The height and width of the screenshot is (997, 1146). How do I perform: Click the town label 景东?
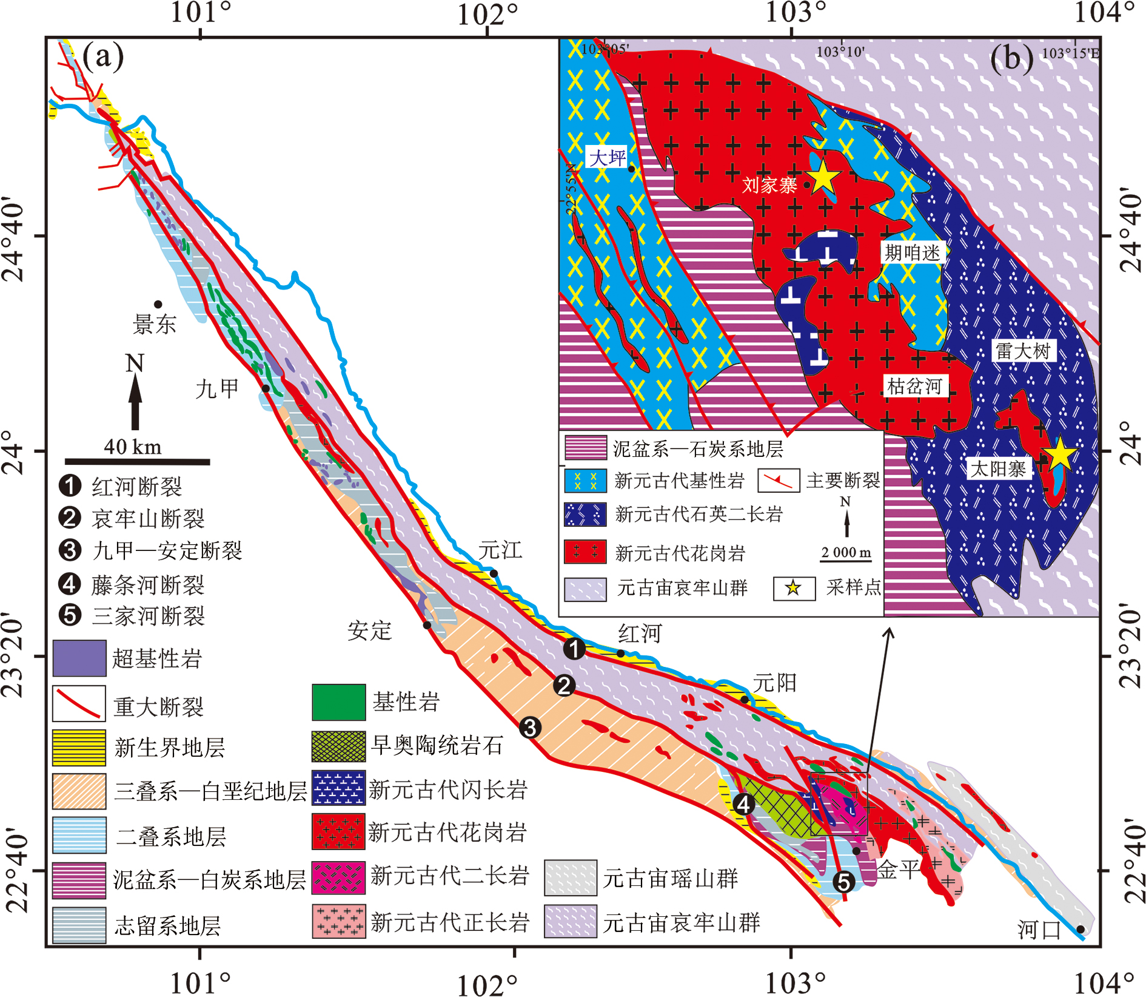155,324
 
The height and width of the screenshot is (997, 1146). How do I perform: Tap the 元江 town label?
500,550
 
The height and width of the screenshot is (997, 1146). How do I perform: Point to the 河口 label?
1039,929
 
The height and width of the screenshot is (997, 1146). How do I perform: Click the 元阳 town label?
774,683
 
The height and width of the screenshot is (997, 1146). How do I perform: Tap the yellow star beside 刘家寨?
823,178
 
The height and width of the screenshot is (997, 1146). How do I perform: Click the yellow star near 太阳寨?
1060,454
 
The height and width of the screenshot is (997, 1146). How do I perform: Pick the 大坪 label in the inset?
607,158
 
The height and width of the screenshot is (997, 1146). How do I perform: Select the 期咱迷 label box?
912,252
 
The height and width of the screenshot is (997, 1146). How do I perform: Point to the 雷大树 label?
1024,351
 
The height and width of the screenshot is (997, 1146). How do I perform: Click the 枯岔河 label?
914,386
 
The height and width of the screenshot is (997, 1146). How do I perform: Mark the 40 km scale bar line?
138,462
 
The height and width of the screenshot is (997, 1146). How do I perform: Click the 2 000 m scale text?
846,553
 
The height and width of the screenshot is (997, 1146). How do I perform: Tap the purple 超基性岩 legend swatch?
79,658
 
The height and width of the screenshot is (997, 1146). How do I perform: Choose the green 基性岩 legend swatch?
338,702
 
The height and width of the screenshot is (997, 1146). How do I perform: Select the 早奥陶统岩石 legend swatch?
338,746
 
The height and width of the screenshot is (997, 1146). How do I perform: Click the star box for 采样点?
794,587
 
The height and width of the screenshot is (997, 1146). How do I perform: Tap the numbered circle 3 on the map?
530,727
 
